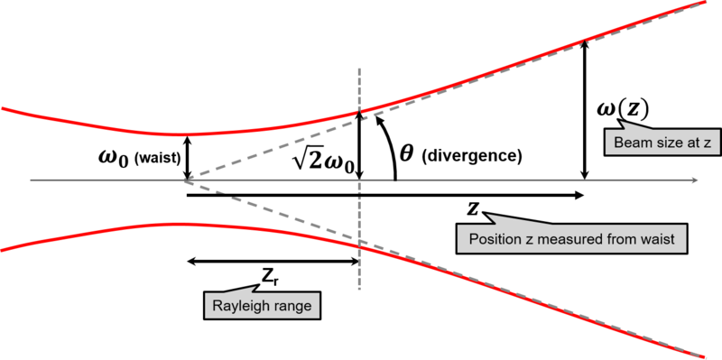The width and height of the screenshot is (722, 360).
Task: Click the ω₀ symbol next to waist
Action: pos(115,145)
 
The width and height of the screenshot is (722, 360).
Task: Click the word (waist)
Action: pos(156,145)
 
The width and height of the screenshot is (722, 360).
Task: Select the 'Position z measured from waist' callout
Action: pos(572,238)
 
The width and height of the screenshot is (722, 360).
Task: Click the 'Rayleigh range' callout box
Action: pos(262,305)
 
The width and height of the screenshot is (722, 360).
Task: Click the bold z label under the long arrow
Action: pos(472,209)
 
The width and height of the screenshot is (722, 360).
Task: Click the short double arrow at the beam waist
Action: pos(187,157)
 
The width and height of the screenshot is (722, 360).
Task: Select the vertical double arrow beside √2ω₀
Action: pos(359,145)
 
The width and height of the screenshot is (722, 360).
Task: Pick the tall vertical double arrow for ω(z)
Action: pos(585,109)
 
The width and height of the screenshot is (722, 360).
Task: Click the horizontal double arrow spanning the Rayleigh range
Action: pos(273,262)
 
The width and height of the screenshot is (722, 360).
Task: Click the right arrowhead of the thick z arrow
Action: pos(579,196)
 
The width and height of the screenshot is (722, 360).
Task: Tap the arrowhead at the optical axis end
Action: pos(695,180)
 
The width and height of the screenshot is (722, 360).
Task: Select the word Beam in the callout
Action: pos(628,143)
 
